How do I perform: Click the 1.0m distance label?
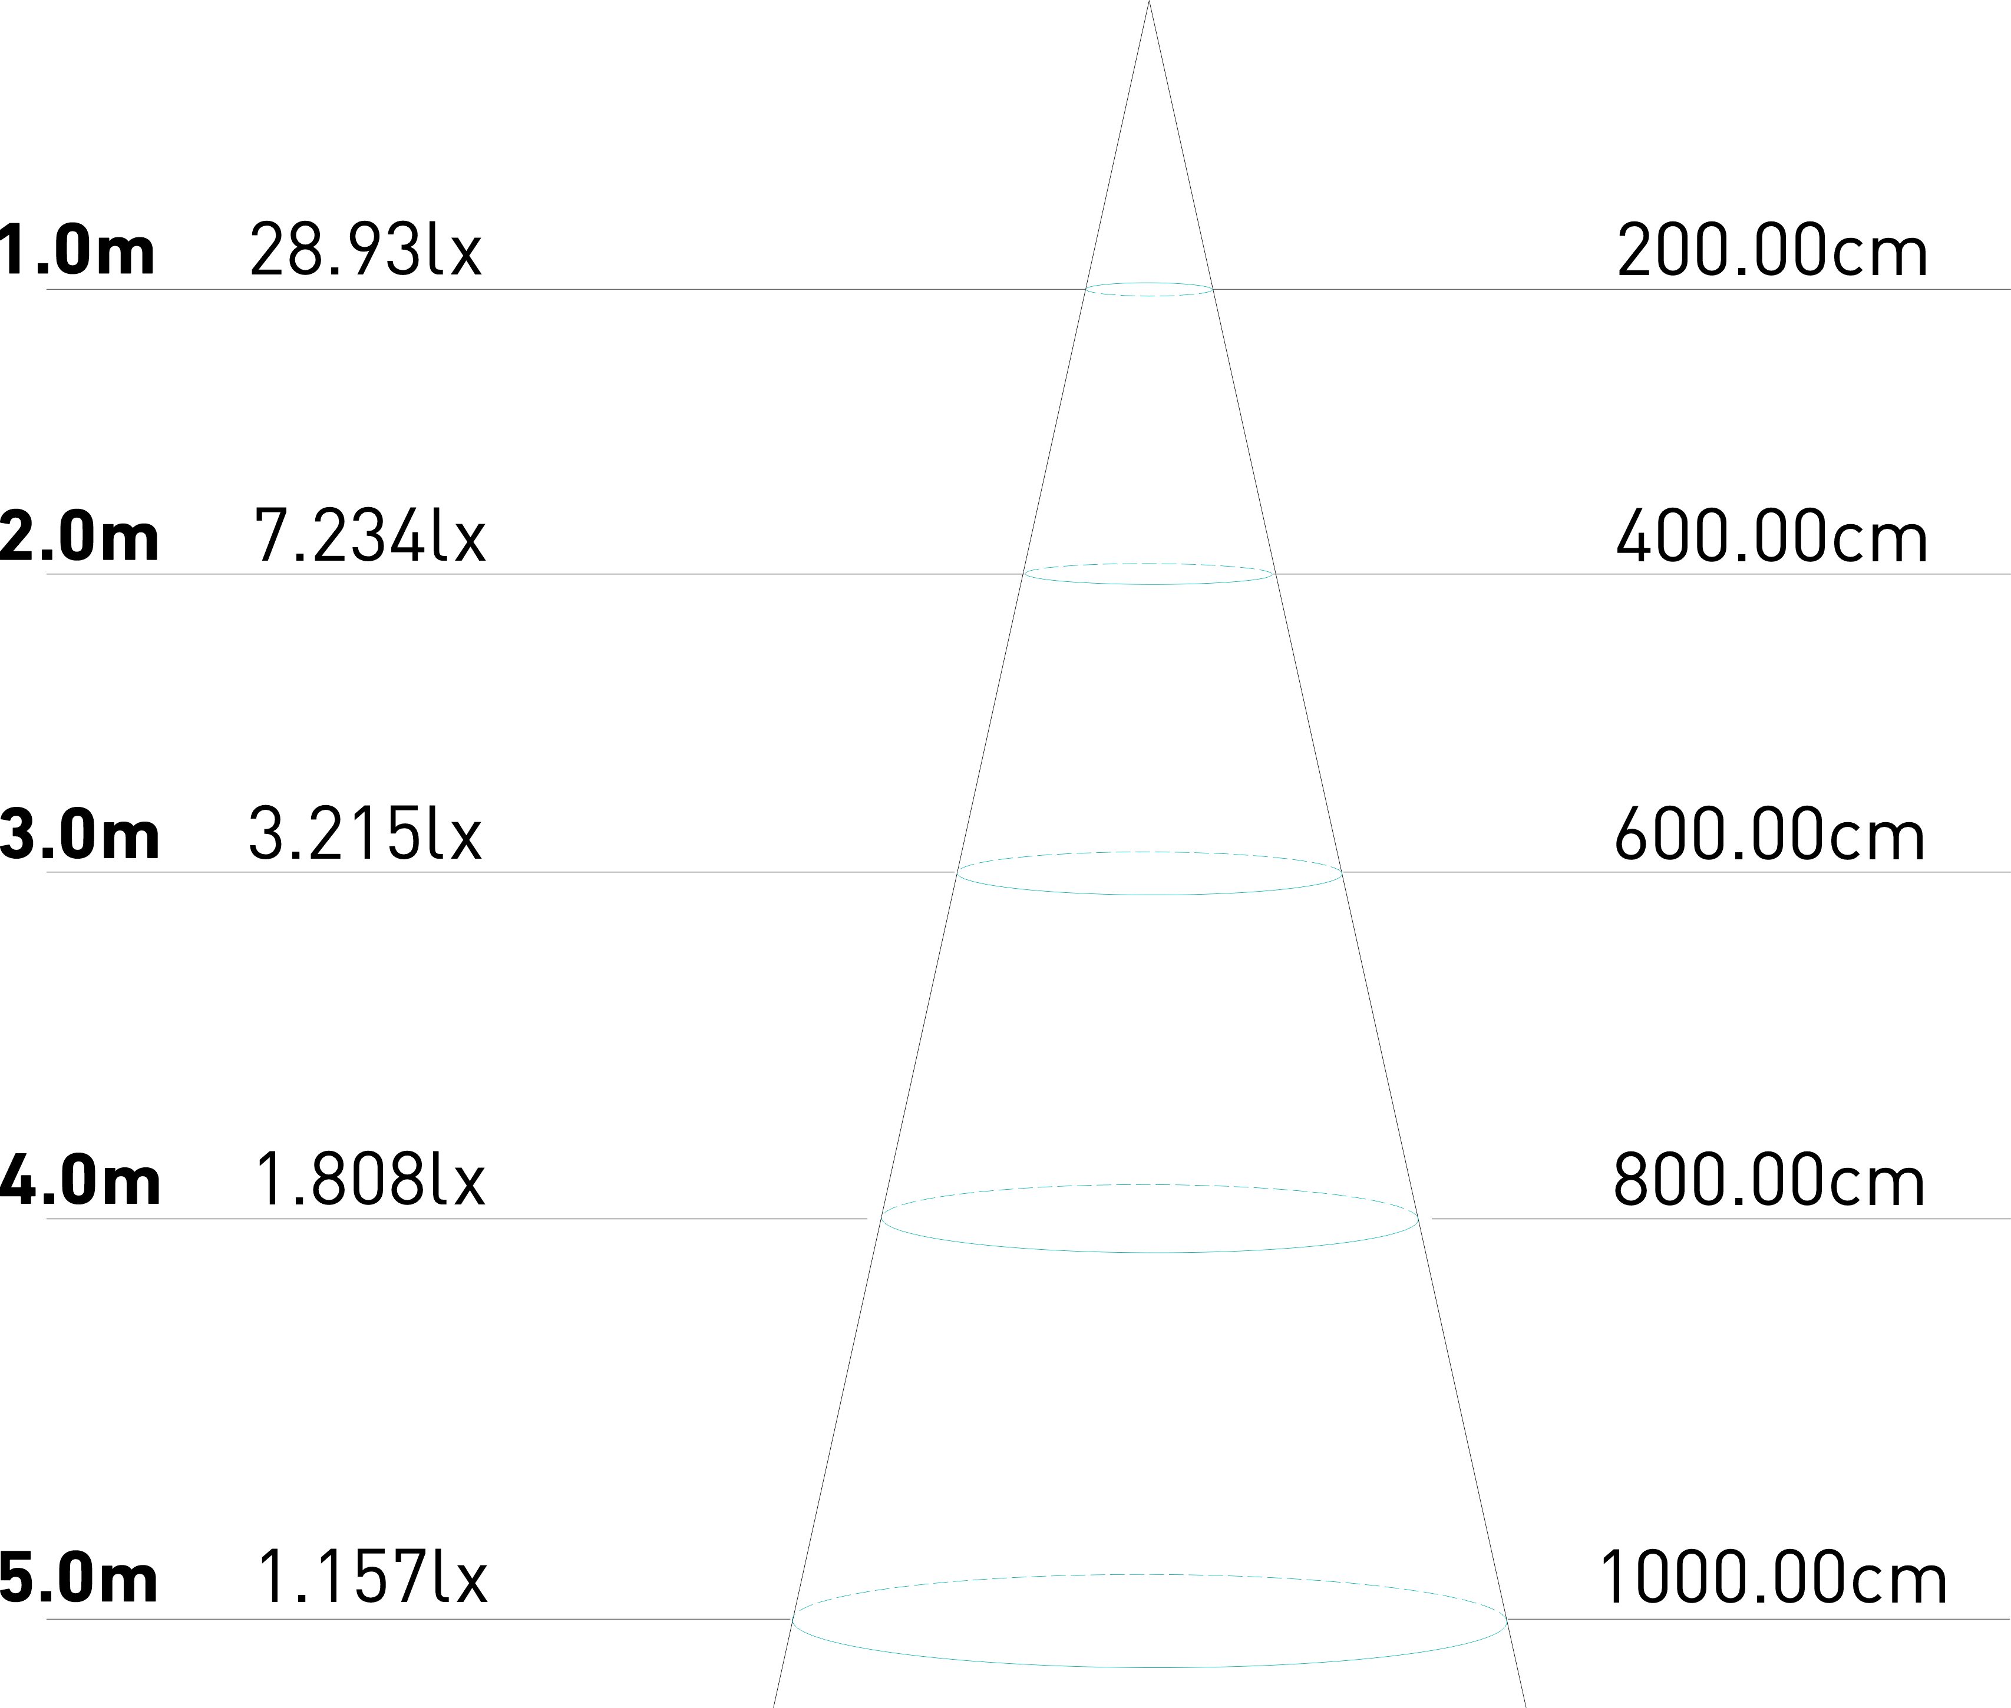point(78,250)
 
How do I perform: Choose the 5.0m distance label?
point(80,1578)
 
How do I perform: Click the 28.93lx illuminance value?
point(365,250)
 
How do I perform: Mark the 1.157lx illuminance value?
point(373,1578)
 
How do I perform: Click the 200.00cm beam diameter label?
point(1771,251)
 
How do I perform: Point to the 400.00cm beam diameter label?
point(1771,537)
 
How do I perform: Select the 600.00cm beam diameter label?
point(1769,835)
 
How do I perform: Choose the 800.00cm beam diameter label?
point(1769,1181)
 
